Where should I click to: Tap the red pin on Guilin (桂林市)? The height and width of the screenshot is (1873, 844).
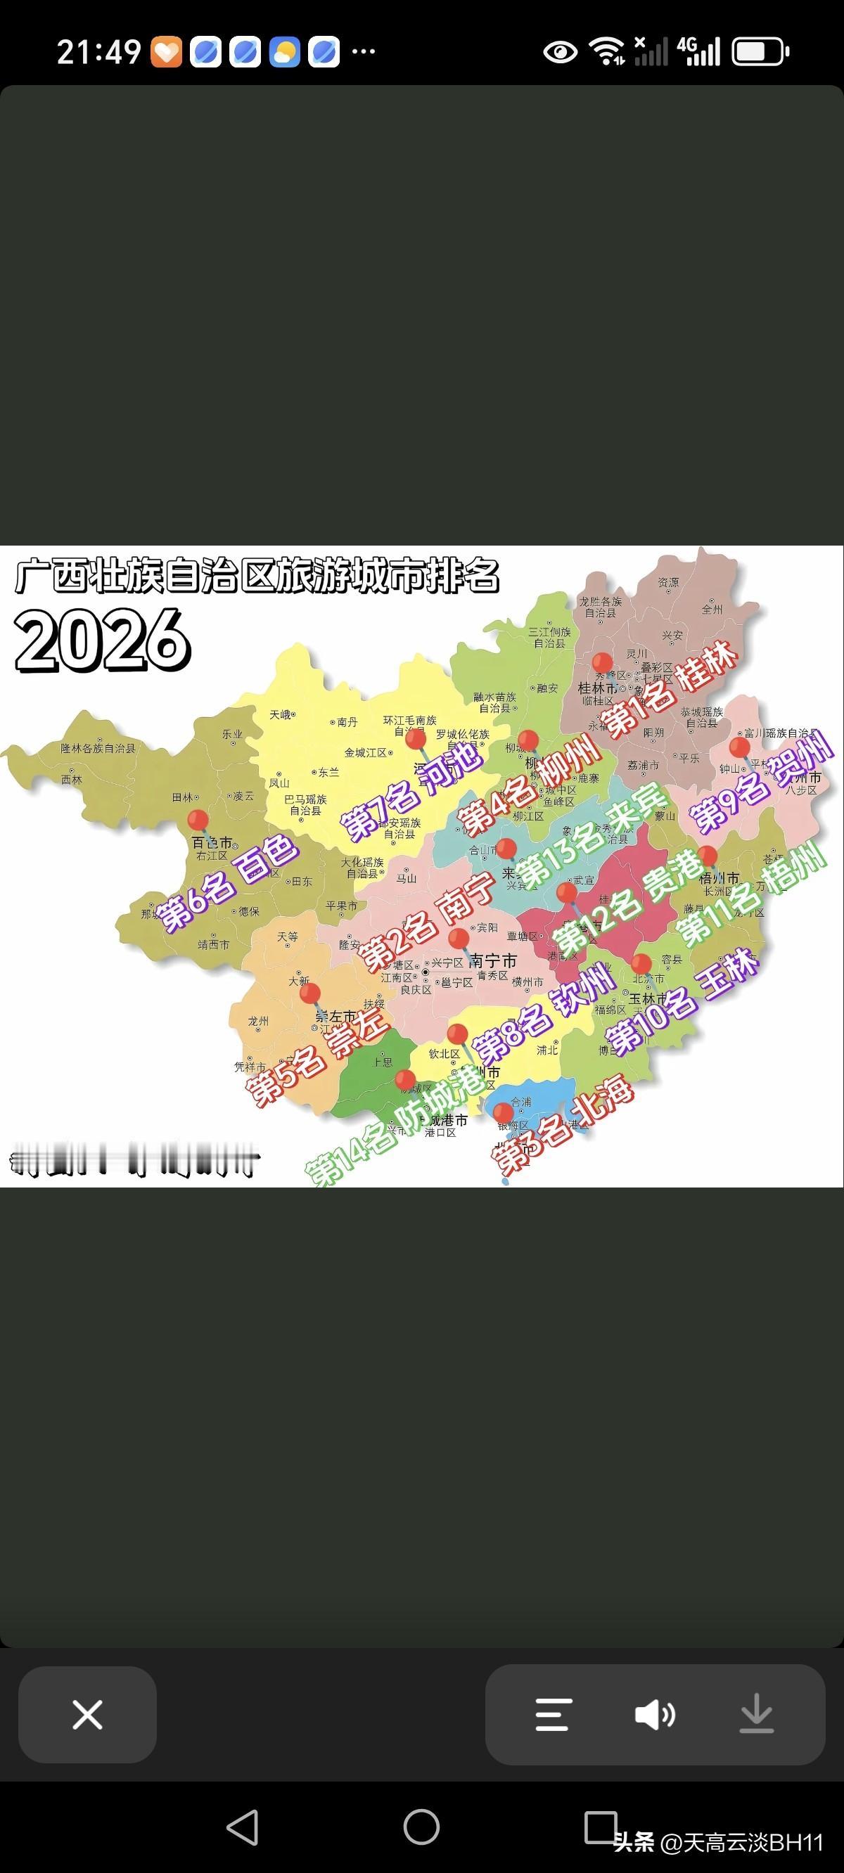coord(602,663)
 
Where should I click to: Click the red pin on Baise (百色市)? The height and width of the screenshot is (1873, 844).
coord(197,820)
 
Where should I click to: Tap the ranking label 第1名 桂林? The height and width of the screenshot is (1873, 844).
coord(670,690)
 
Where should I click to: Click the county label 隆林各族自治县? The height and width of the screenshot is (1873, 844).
coord(98,748)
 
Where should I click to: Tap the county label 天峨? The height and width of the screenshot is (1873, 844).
coord(280,715)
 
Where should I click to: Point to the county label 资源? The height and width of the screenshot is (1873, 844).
coord(668,582)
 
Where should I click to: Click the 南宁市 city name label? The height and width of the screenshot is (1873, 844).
coord(493,960)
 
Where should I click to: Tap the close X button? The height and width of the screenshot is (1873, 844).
coord(87,1715)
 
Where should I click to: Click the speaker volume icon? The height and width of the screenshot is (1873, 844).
coord(655,1715)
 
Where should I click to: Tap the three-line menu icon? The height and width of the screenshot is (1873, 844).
coord(554,1715)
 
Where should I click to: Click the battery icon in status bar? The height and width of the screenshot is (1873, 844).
coord(760,52)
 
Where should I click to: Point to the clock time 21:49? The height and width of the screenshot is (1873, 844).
coord(99,52)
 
